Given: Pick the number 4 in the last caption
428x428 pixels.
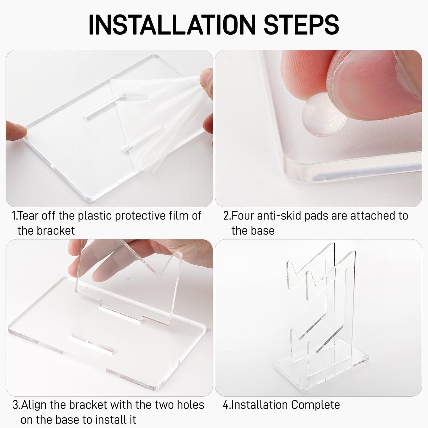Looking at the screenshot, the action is click(225, 405).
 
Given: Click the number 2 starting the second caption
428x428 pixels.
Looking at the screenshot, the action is click(226, 216).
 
